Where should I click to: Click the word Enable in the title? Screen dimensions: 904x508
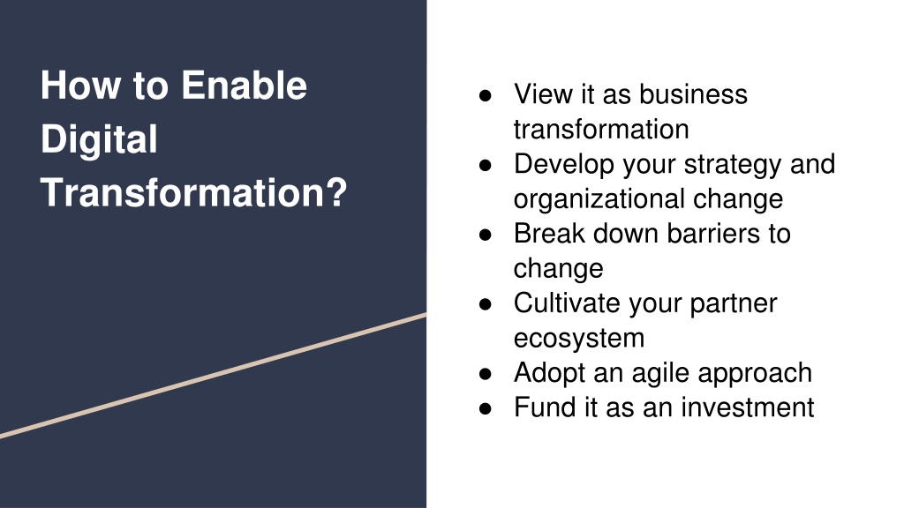[x=244, y=86]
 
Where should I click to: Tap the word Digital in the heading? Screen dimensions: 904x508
[x=99, y=139]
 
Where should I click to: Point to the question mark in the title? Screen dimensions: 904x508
[x=337, y=191]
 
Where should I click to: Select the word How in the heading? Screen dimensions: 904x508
[x=80, y=86]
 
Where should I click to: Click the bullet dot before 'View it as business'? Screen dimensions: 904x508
[x=486, y=95]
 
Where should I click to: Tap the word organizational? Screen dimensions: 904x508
[x=599, y=198]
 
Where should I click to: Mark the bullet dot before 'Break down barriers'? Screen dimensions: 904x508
[x=486, y=235]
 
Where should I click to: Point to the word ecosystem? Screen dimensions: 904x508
[x=579, y=339]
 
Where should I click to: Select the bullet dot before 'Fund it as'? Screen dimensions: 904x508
[x=486, y=408]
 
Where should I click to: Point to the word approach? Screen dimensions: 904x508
[x=755, y=373]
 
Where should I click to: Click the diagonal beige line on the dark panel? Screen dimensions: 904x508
[x=214, y=376]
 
